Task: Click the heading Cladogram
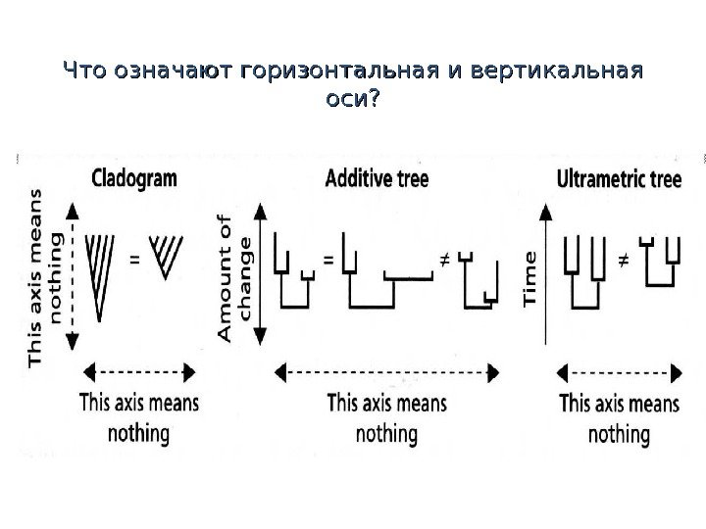coord(133,180)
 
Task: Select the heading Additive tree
coord(378,180)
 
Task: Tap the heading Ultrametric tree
coord(619,180)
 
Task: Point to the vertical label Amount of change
coord(235,277)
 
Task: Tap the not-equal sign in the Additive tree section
coord(442,261)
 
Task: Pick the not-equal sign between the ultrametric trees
coord(622,261)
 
